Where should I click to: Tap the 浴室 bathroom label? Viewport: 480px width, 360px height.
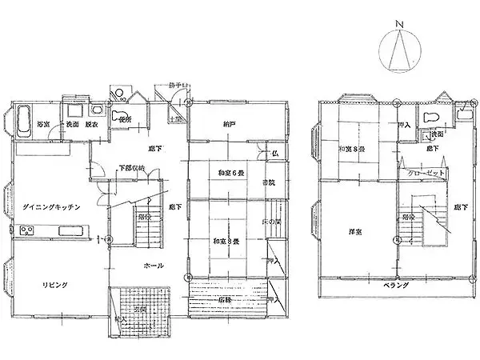43,125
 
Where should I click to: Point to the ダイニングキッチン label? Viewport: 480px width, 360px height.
50,207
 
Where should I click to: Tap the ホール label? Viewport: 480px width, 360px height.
154,266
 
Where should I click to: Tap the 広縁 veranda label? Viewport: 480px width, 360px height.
226,300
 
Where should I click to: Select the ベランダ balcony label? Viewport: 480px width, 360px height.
395,286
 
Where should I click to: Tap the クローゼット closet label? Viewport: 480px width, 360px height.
419,173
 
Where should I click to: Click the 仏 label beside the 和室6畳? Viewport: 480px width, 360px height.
274,152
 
